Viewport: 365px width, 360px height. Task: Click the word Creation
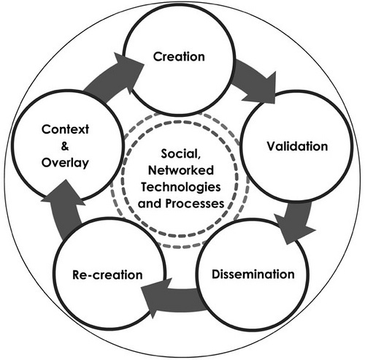(179, 56)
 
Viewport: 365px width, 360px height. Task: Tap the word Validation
(297, 146)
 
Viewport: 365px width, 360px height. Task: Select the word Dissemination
(253, 274)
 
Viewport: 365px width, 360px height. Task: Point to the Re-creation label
(107, 275)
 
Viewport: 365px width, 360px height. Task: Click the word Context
(65, 129)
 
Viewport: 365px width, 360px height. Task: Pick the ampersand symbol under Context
(65, 146)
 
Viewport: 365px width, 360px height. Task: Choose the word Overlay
(65, 163)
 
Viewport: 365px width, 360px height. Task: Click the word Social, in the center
(181, 154)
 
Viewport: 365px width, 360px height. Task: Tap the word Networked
(181, 170)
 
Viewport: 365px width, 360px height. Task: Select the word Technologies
(181, 187)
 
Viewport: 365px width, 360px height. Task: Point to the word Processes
(195, 204)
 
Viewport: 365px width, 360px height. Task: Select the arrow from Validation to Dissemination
(296, 221)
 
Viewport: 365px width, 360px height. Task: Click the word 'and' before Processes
(150, 204)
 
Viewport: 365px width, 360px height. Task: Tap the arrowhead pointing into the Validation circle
(263, 90)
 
